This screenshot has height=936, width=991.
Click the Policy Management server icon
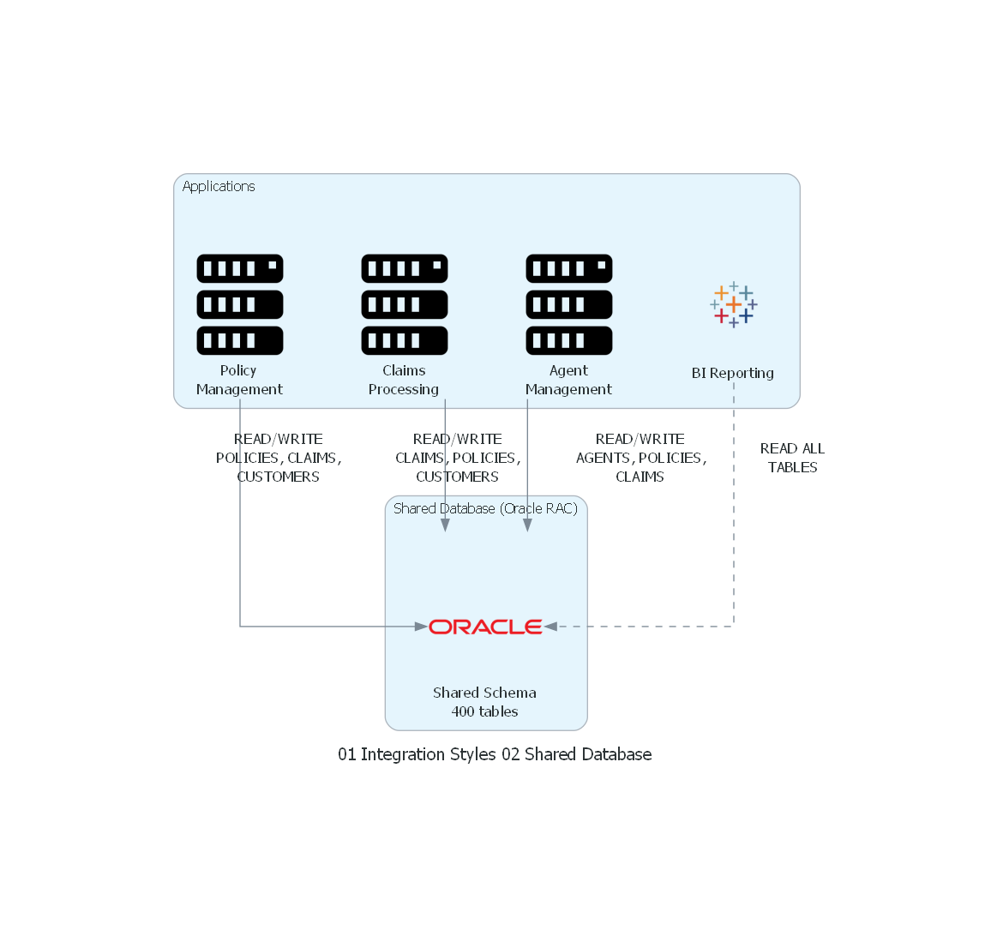point(240,304)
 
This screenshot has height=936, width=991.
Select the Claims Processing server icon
point(405,304)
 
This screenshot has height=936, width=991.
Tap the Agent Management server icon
point(569,304)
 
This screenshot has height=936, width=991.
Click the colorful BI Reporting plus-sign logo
point(734,305)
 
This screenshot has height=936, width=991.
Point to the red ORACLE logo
point(485,627)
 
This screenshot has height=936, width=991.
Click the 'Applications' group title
point(219,186)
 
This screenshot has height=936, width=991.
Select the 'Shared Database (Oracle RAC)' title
point(485,508)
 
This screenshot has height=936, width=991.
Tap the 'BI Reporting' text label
point(733,373)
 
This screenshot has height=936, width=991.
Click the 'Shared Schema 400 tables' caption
point(485,702)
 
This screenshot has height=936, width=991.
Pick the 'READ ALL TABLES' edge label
point(792,458)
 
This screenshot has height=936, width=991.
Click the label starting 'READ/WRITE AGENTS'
point(640,458)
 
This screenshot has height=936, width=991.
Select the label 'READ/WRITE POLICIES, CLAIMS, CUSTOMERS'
point(279,458)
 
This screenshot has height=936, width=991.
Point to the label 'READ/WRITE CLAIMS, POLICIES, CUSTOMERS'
point(458,458)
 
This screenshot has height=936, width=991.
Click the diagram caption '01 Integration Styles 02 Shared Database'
point(495,754)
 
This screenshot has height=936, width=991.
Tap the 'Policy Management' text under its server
point(239,380)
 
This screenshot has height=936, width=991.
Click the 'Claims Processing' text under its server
point(404,380)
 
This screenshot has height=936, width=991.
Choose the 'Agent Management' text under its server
point(568,380)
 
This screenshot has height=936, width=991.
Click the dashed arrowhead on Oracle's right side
point(550,627)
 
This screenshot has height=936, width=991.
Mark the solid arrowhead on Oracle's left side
point(421,627)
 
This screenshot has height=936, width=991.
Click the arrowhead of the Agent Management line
point(527,525)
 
